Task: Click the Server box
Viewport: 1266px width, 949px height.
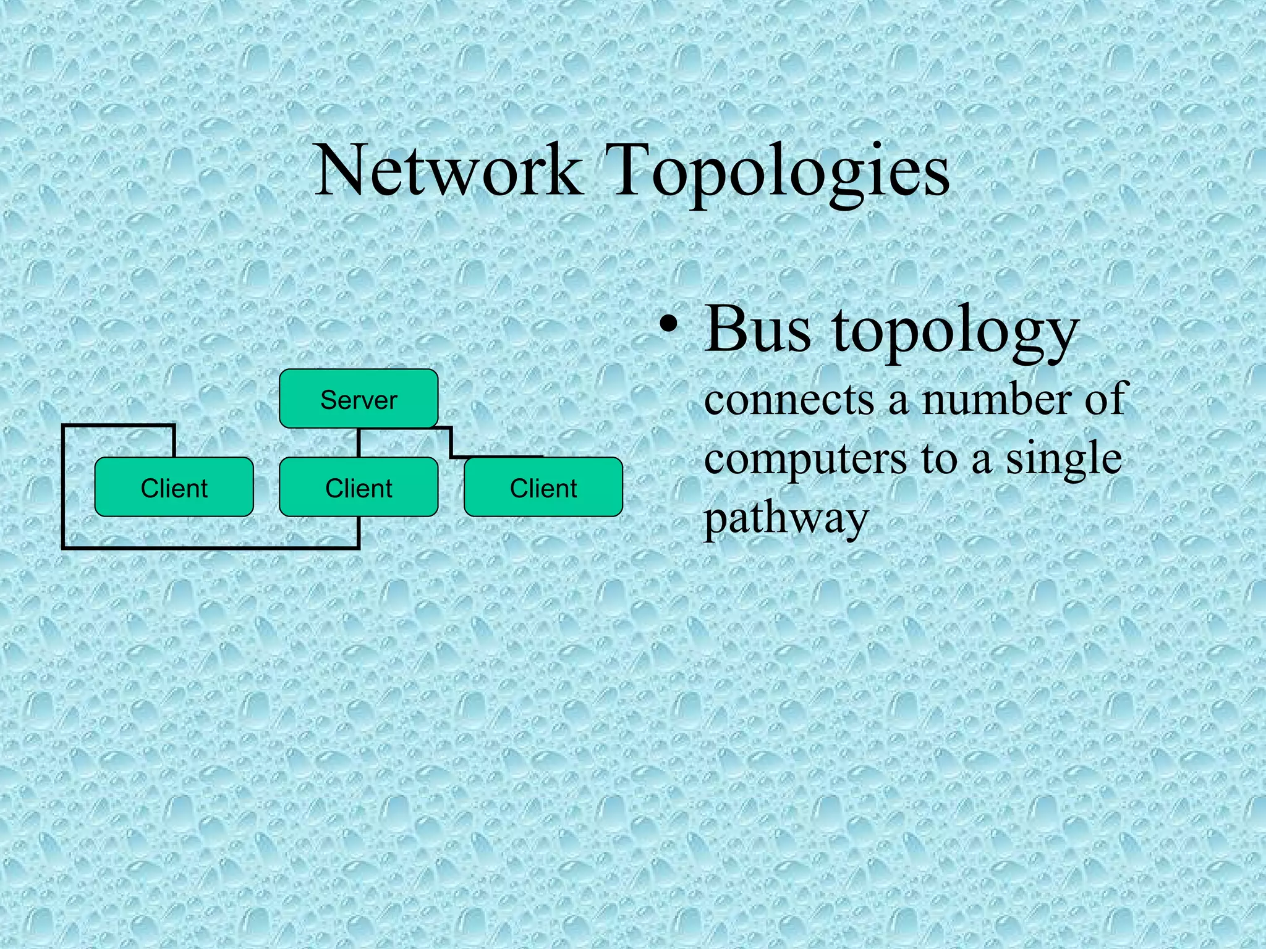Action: tap(359, 399)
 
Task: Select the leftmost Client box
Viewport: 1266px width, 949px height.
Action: tap(174, 487)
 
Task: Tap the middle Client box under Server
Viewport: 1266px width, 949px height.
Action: tap(359, 487)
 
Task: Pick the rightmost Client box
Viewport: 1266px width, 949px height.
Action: tap(543, 487)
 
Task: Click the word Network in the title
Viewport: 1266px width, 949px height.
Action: tap(448, 170)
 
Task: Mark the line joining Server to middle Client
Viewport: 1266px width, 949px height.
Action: tap(359, 442)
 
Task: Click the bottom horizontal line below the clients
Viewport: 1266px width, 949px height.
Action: tap(210, 547)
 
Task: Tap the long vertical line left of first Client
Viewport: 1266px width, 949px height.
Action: tap(64, 488)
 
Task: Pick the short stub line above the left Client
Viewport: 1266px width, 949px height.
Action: tap(174, 441)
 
